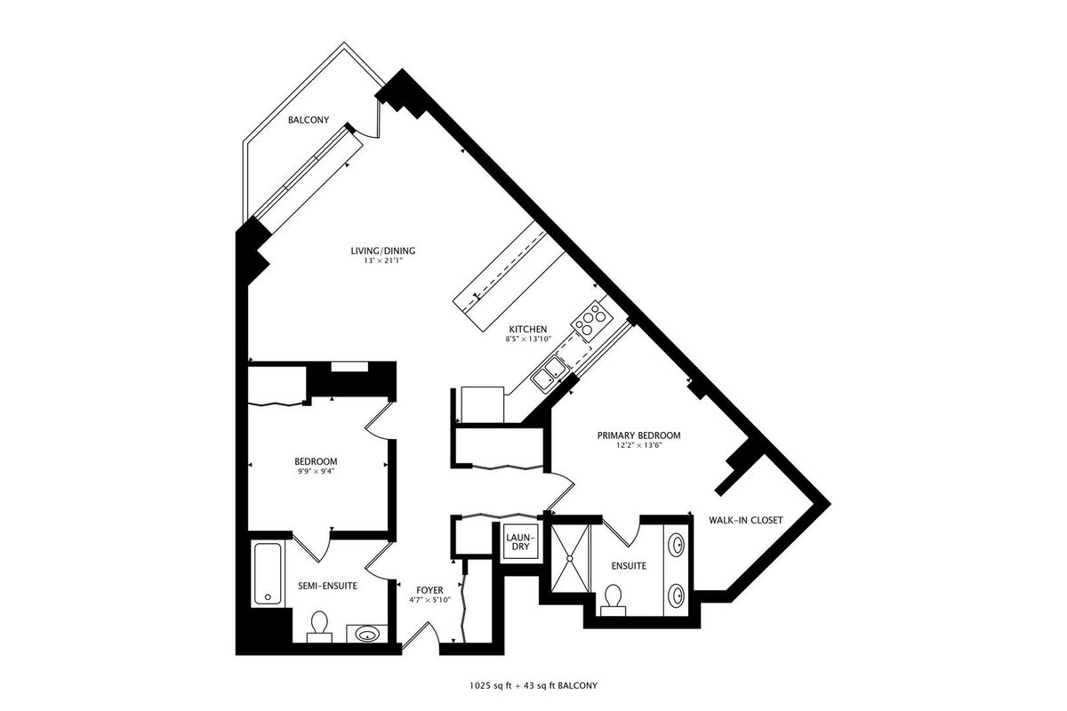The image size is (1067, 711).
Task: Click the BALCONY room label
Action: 309,120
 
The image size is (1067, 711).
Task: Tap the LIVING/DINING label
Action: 383,251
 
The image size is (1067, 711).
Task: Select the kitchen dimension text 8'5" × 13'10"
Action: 528,340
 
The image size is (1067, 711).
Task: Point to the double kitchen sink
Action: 550,373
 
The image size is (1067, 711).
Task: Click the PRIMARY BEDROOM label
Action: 638,435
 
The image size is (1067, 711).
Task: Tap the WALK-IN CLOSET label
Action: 745,521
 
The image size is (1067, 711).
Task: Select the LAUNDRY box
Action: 521,542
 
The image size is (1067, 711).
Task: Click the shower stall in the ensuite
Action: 570,558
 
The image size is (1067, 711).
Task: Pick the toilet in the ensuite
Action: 612,600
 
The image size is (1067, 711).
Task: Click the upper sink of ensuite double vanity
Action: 677,545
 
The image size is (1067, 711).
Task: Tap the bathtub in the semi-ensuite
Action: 268,573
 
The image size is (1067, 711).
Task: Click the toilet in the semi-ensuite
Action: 318,627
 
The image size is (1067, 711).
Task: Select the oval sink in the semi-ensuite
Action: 367,635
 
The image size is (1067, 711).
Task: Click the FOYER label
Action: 429,590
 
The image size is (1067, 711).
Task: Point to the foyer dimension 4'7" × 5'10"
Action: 429,600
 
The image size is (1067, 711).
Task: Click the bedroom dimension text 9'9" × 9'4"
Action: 316,471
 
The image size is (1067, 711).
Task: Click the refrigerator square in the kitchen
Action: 482,404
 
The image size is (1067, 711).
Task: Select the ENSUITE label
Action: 629,566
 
